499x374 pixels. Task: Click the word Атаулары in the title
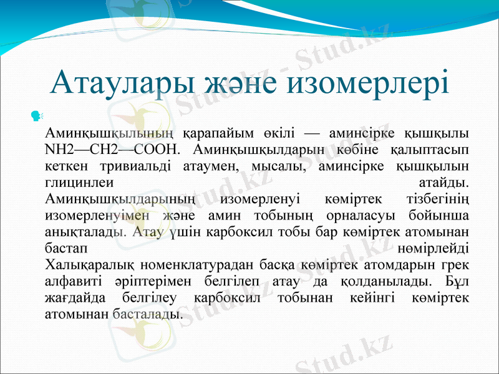(118, 84)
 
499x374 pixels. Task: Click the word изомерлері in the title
(384, 84)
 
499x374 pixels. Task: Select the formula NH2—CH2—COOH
(113, 150)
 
